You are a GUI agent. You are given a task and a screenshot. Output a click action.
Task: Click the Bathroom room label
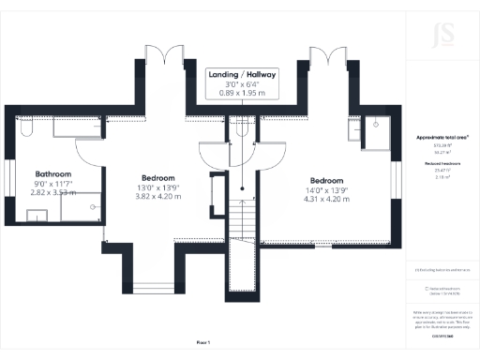coord(53,174)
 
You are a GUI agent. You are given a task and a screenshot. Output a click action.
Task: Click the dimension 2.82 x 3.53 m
coord(53,193)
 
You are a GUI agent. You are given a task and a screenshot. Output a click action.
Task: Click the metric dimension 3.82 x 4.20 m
coord(157,196)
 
